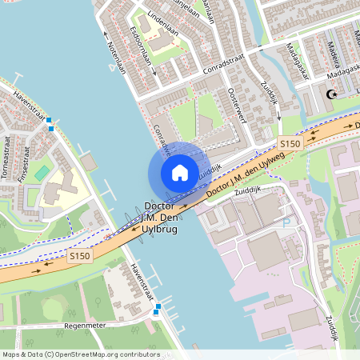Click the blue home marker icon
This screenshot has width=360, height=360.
[x=179, y=172]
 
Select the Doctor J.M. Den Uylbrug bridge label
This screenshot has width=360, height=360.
[x=162, y=216]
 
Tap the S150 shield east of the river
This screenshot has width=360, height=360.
[x=290, y=144]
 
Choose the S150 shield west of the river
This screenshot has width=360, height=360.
[x=78, y=256]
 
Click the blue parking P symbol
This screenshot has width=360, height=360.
[x=286, y=223]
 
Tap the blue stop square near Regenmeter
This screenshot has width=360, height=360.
[x=158, y=306]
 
